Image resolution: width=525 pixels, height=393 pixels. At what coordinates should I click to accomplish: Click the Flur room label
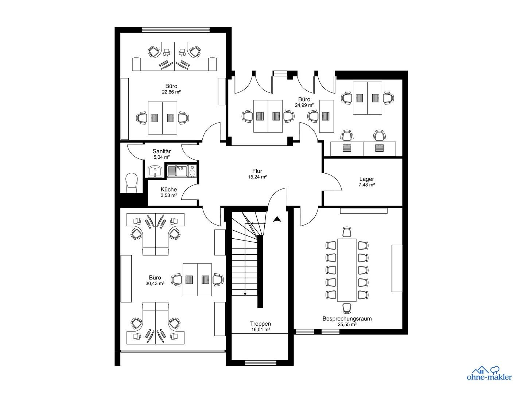click(x=257, y=171)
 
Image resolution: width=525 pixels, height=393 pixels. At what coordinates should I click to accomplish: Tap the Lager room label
click(x=366, y=179)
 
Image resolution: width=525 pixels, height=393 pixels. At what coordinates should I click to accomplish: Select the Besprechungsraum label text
click(x=347, y=319)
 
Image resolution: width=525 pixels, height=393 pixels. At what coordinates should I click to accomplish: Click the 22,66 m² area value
click(x=171, y=92)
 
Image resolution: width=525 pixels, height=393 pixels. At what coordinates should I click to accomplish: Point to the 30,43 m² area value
click(x=155, y=283)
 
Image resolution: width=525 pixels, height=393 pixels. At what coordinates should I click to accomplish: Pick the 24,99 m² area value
click(x=304, y=105)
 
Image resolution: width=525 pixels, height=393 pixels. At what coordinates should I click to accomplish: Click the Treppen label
click(x=260, y=324)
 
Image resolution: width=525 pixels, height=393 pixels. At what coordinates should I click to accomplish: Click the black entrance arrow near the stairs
click(x=277, y=219)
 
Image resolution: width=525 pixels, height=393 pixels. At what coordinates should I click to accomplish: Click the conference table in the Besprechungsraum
click(x=347, y=270)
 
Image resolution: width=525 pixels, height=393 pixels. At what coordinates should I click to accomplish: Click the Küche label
click(x=169, y=190)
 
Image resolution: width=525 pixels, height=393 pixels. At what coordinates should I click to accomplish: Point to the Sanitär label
click(x=162, y=151)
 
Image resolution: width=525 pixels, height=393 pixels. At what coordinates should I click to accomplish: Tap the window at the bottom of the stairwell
click(x=260, y=362)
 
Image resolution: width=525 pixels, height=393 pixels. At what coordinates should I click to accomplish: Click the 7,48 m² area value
click(x=366, y=185)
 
